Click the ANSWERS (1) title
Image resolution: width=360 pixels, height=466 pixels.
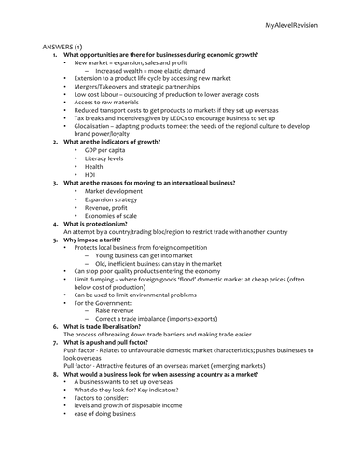[64, 45]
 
